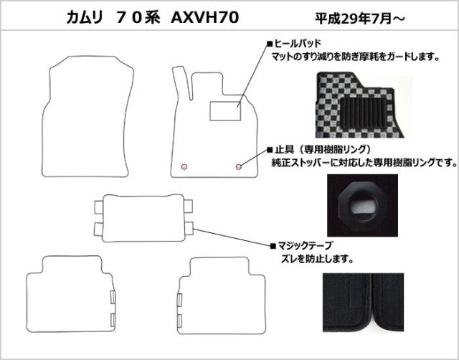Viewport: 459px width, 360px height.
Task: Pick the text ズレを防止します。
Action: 316,257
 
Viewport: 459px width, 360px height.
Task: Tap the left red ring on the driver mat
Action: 184,166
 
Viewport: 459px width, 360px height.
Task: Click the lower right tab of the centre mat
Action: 187,229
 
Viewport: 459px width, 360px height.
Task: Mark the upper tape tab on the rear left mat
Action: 113,296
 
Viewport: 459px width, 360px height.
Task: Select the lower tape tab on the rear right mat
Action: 179,318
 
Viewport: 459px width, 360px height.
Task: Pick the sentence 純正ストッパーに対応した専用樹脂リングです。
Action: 364,163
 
